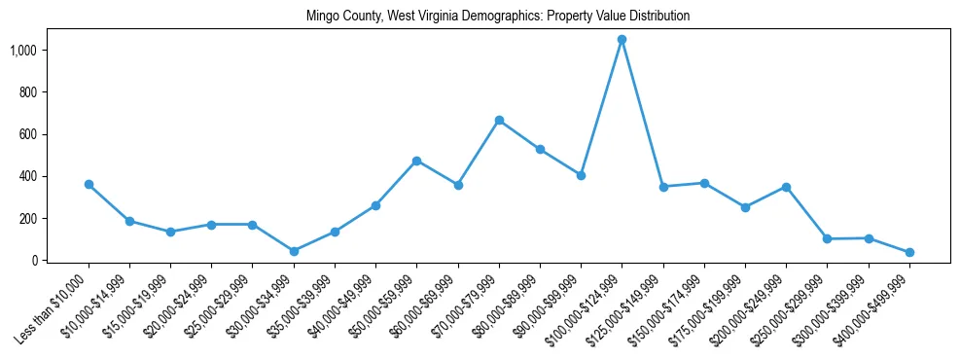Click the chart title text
(x=498, y=17)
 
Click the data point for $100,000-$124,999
(x=622, y=40)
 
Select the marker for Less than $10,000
(x=89, y=184)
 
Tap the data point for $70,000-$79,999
(x=499, y=121)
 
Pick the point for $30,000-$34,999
(x=294, y=251)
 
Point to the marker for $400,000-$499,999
(x=909, y=252)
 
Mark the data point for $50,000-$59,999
(x=416, y=161)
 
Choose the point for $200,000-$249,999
(x=786, y=187)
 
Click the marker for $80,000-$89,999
(x=540, y=150)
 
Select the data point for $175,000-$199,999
(x=745, y=207)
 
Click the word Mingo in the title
(x=322, y=17)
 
